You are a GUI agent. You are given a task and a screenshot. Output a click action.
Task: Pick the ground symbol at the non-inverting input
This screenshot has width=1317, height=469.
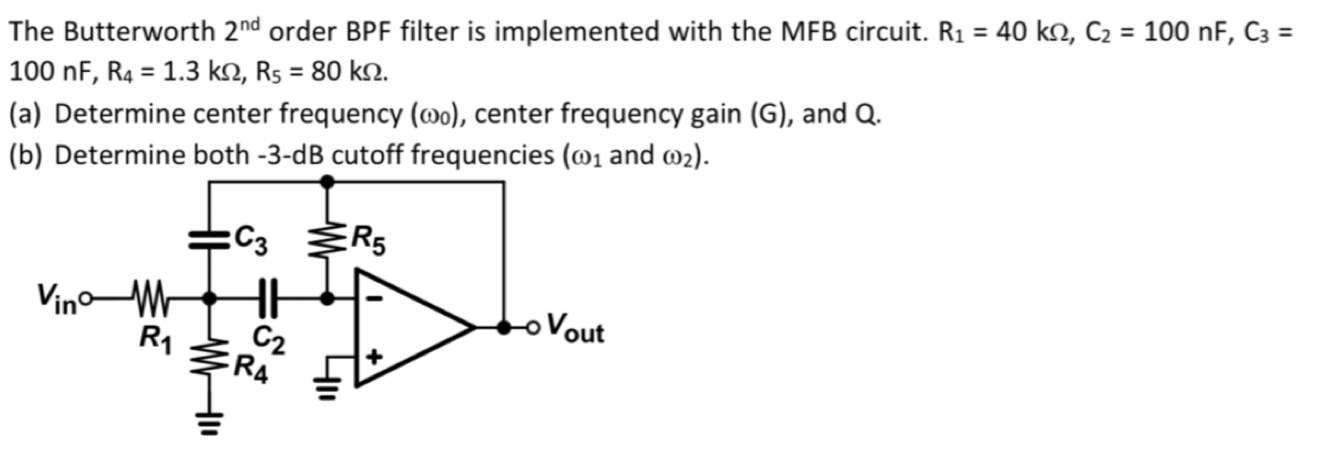pos(327,382)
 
